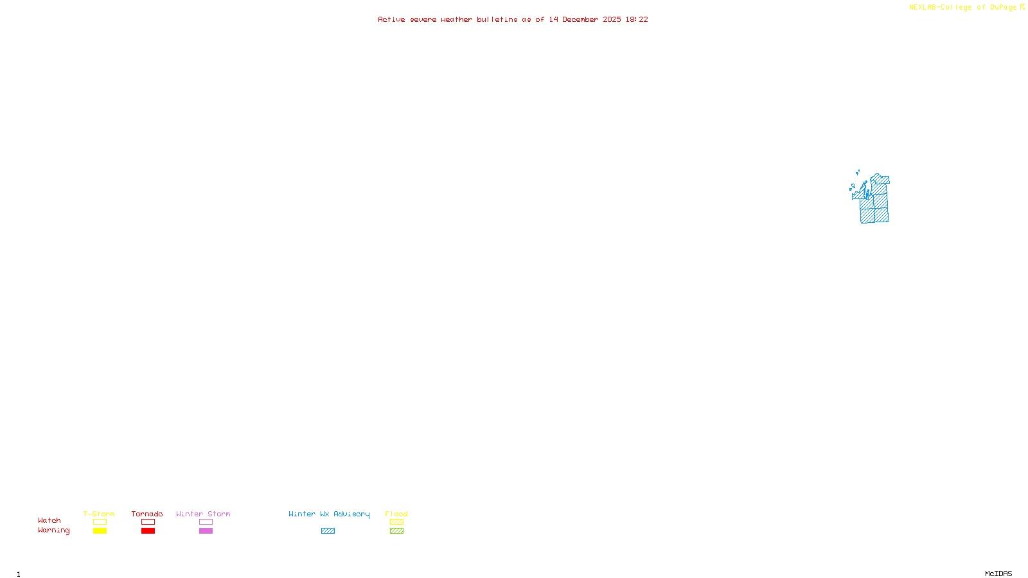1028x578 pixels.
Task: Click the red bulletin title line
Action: coord(513,19)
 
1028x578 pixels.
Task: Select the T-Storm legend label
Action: coord(99,514)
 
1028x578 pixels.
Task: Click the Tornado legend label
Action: coord(147,514)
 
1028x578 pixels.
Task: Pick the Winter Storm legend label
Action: coord(203,514)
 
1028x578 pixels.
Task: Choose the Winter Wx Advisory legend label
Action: coord(329,514)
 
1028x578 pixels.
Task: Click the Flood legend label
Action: coord(396,514)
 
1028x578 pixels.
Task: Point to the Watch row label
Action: coord(49,520)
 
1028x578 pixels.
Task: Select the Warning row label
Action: coord(53,530)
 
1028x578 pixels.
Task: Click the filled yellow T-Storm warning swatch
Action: coord(100,531)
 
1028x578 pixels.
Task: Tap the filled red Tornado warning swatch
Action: coord(148,531)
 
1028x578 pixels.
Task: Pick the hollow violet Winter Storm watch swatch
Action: coord(206,522)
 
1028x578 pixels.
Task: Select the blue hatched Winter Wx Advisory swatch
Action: coord(328,531)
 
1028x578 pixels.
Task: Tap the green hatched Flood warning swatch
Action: coord(396,531)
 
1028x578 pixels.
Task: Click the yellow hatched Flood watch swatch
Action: coord(396,522)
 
